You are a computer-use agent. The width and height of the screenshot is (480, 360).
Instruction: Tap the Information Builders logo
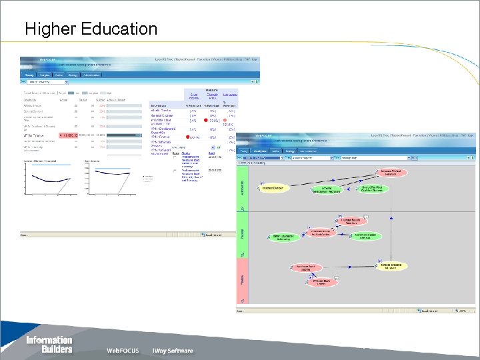(x=49, y=344)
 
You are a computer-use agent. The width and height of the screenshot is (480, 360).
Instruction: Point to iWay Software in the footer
(x=170, y=351)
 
